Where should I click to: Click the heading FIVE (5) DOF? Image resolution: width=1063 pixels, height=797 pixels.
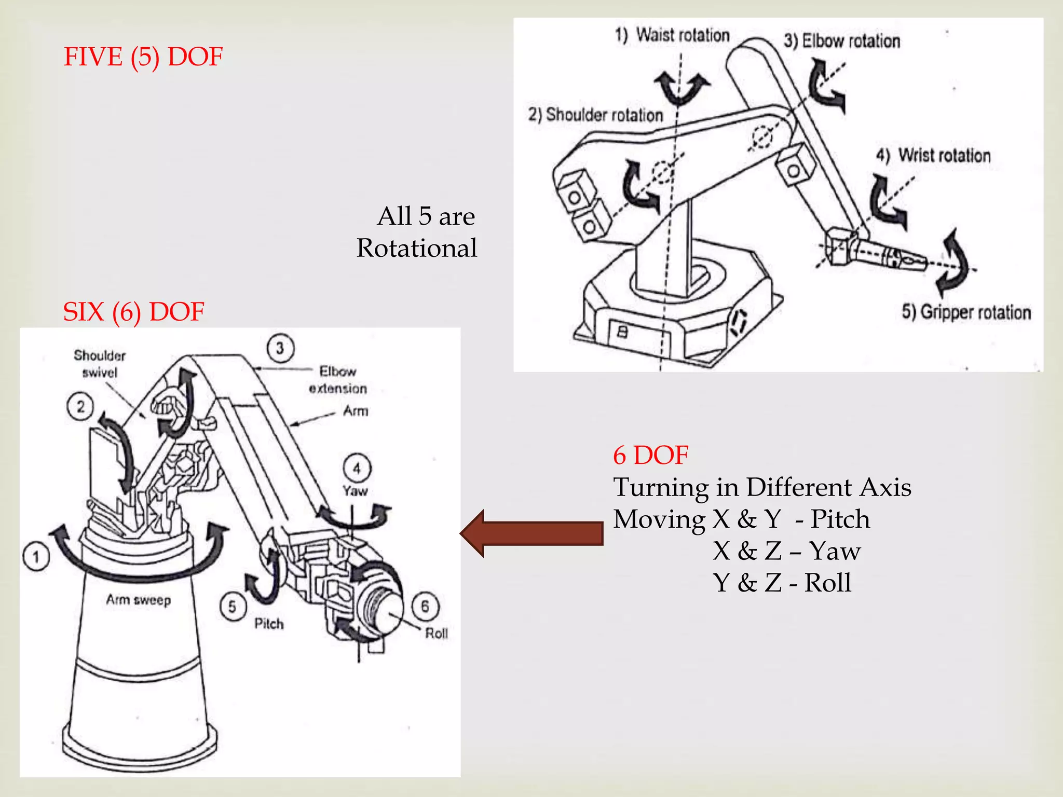(143, 57)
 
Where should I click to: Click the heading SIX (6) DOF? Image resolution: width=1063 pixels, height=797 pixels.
(133, 312)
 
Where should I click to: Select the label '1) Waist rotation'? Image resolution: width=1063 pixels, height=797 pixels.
(672, 35)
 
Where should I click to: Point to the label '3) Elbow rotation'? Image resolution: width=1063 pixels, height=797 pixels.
(841, 41)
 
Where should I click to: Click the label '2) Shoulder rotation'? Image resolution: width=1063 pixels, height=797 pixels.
(595, 115)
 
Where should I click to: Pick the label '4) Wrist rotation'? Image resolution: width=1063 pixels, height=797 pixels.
(933, 155)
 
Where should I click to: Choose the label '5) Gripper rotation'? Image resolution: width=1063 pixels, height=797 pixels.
(966, 312)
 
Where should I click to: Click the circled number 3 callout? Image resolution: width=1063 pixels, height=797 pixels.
(280, 348)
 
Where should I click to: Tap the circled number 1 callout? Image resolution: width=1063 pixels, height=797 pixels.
(36, 557)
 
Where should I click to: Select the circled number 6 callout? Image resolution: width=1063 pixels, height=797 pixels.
(425, 606)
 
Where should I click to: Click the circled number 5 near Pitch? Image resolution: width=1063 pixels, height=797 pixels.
(232, 606)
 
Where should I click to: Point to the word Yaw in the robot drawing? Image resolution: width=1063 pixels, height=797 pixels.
(355, 491)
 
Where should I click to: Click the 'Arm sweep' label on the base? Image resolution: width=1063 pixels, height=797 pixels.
(139, 600)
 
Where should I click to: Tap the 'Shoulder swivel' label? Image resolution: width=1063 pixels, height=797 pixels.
(100, 364)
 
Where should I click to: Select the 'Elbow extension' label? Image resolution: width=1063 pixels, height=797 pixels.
(337, 380)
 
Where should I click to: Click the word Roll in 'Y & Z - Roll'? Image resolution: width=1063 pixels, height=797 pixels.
(827, 583)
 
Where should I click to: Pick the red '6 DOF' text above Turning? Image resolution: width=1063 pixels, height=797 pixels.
(650, 455)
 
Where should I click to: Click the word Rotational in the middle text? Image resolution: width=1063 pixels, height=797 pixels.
(417, 248)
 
